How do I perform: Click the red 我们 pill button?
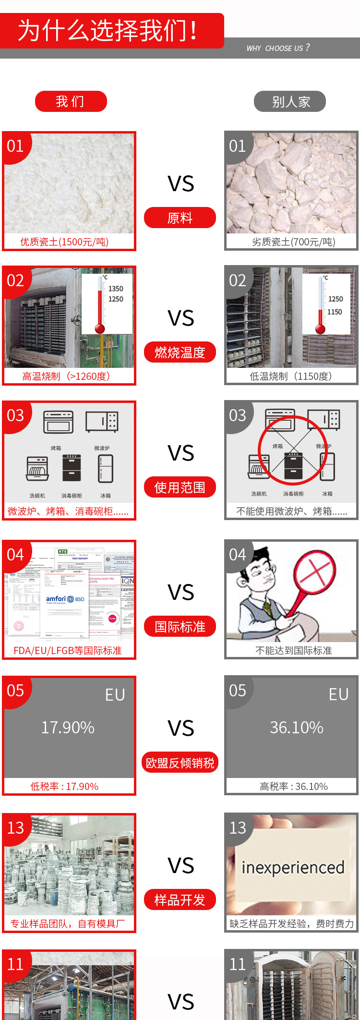pos(71,101)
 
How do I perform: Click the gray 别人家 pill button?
pos(290,102)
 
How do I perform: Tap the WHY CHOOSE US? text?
pos(278,48)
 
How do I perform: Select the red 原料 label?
pos(180,218)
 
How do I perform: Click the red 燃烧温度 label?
pos(180,352)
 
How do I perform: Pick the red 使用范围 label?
pos(180,487)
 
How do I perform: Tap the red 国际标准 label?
pos(180,627)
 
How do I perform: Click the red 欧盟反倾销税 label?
pos(180,763)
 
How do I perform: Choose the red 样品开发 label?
pos(180,900)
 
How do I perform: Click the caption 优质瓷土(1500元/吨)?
pos(64,242)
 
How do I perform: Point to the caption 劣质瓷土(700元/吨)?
pos(293,242)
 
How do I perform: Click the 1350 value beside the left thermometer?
pos(116,289)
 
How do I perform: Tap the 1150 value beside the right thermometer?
pos(335,312)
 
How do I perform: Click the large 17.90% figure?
pos(68,728)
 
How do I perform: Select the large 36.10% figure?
pos(296,728)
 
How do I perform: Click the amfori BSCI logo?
pos(65,599)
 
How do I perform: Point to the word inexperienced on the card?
pos(293,867)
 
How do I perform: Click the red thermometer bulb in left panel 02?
pos(100,328)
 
